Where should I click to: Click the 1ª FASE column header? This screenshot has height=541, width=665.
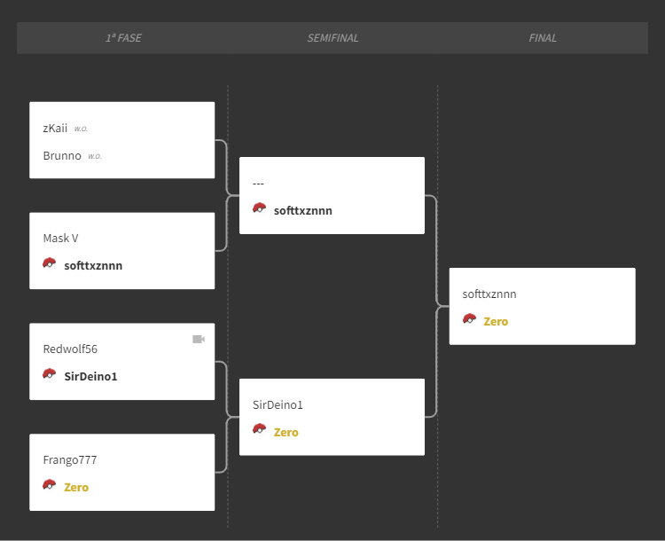(x=123, y=38)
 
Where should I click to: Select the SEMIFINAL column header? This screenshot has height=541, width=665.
(x=332, y=38)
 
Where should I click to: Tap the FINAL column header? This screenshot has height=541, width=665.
(x=543, y=38)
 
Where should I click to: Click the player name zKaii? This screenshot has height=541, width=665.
(x=55, y=128)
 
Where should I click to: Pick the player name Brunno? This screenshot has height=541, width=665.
(x=62, y=156)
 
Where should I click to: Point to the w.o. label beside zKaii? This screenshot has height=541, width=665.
(x=81, y=129)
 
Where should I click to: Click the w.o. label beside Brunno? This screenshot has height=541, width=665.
(x=95, y=157)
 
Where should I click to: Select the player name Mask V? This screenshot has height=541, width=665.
(x=60, y=238)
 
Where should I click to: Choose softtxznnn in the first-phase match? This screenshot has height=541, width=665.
(x=93, y=265)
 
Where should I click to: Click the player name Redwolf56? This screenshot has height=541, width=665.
(x=70, y=349)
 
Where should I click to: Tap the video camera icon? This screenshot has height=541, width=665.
(x=199, y=339)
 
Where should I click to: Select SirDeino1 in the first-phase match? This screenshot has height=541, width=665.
(x=90, y=376)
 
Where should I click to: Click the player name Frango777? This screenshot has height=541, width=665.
(x=70, y=459)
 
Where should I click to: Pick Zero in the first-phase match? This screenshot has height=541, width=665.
(x=76, y=487)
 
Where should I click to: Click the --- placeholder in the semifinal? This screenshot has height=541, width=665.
(x=258, y=184)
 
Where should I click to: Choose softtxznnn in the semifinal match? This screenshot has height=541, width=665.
(x=303, y=210)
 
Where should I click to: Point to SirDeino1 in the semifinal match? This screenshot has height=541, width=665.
(x=278, y=404)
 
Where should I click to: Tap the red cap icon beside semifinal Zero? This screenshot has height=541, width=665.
(x=260, y=429)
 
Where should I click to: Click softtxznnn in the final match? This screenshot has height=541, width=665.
(x=489, y=294)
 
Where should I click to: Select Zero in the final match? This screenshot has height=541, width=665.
(x=496, y=321)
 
